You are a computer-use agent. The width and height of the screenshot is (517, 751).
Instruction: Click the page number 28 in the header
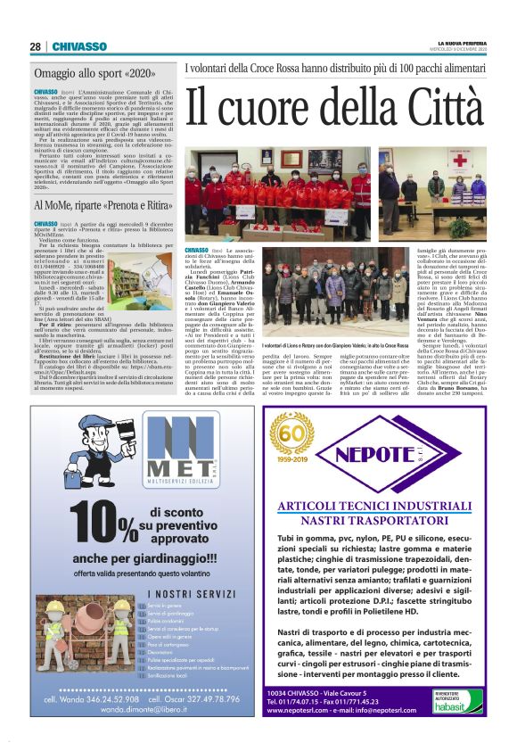35,47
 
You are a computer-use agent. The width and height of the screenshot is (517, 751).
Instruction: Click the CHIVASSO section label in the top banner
79,47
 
